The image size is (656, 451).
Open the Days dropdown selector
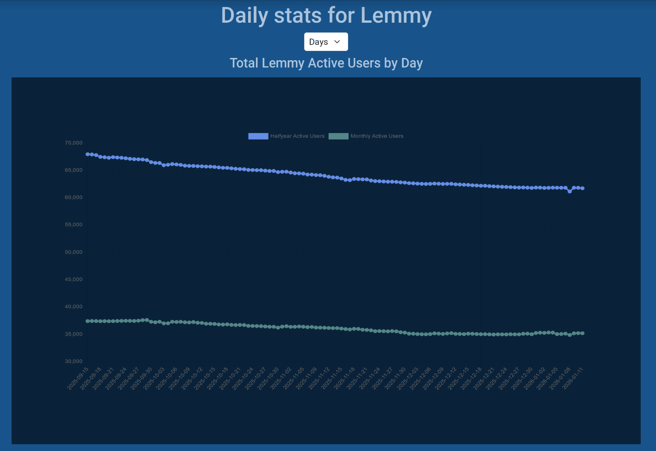tap(325, 42)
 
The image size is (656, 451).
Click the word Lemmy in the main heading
tap(396, 15)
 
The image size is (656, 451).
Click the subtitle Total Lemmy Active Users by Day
tap(326, 63)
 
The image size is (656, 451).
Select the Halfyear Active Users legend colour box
tap(258, 136)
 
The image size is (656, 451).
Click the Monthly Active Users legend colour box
tap(338, 136)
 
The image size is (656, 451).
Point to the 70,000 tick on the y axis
tap(74, 143)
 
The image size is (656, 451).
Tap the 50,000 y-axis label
tap(74, 252)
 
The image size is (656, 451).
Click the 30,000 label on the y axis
tap(74, 361)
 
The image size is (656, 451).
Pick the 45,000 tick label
tap(74, 279)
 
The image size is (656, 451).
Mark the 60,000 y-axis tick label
tap(74, 197)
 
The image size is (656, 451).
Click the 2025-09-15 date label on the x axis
tap(78, 379)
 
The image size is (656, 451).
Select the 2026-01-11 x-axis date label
tap(573, 379)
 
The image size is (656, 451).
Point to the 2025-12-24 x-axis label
tap(497, 379)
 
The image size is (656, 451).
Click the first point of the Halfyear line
tap(87, 154)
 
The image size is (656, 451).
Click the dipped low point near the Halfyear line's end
tap(570, 191)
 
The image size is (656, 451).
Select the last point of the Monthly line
tap(582, 333)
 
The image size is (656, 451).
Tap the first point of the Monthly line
tap(87, 321)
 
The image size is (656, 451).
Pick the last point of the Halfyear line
tap(582, 188)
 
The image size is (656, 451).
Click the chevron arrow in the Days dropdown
tap(337, 42)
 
